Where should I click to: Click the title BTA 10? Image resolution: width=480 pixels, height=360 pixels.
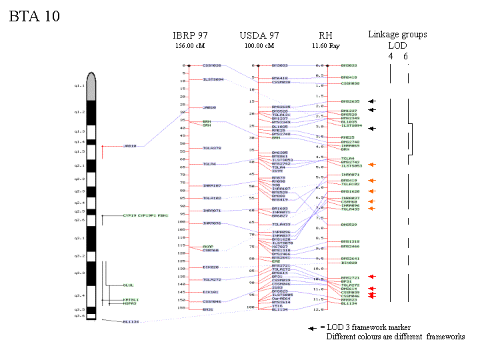pos(34,17)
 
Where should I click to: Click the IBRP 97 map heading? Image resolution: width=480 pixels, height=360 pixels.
pos(190,35)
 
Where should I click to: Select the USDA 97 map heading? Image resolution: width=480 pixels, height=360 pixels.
pos(259,35)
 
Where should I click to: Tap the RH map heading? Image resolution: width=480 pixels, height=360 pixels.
pos(325,35)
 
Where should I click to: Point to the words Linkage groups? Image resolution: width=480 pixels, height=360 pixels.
pos(397,35)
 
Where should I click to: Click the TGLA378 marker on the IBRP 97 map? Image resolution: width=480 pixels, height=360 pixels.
pos(212,147)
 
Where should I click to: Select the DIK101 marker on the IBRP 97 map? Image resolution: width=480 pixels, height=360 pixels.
pos(211,292)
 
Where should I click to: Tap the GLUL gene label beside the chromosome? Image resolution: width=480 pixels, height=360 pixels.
pos(128,285)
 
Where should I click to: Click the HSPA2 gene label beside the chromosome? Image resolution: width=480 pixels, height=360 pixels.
pos(129,303)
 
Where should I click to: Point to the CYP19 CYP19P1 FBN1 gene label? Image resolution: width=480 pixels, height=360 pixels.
pos(145,216)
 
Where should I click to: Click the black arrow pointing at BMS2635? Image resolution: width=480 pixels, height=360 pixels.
pos(372,101)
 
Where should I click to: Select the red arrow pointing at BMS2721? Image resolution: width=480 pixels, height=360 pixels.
pos(372,277)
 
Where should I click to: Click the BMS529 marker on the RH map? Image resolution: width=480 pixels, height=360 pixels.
pos(349,225)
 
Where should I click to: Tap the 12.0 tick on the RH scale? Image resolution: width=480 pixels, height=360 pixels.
pos(319,309)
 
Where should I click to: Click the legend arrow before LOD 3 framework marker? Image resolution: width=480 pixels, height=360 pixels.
pos(311,328)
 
